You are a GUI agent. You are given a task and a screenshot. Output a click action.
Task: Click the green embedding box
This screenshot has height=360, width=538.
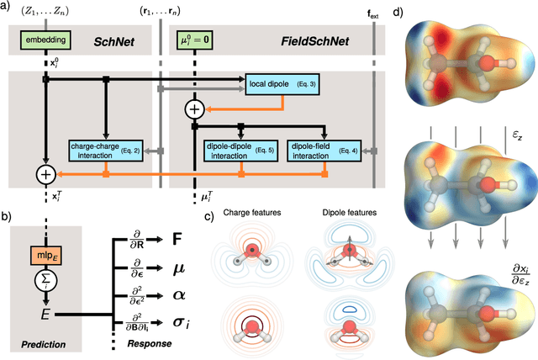point(44,39)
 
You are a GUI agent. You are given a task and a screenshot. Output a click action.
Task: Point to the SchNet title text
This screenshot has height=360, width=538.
point(114,39)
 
